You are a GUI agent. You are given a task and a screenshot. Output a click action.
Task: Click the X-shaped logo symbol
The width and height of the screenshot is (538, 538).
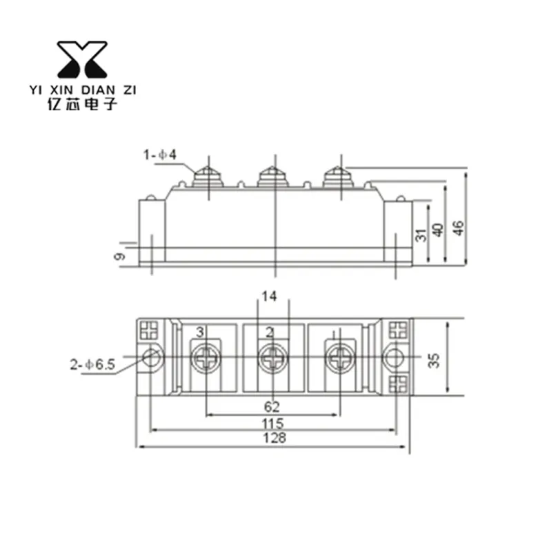tap(82, 59)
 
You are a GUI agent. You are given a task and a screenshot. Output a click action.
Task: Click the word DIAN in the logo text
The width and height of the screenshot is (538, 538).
tap(99, 90)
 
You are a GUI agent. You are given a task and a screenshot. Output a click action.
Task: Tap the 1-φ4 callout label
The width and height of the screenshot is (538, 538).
tap(160, 155)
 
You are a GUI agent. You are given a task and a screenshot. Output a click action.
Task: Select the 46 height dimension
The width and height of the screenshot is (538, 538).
tap(459, 228)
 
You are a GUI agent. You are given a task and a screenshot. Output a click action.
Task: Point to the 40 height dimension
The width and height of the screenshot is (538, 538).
tap(438, 230)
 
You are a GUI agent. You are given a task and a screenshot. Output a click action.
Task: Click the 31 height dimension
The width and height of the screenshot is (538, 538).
tap(421, 235)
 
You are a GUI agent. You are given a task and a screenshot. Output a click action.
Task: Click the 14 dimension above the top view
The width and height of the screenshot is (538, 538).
tap(269, 296)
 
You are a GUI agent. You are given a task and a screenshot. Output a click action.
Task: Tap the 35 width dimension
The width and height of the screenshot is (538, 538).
tap(434, 360)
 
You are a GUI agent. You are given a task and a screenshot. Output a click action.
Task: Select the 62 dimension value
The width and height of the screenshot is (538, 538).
tap(272, 406)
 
